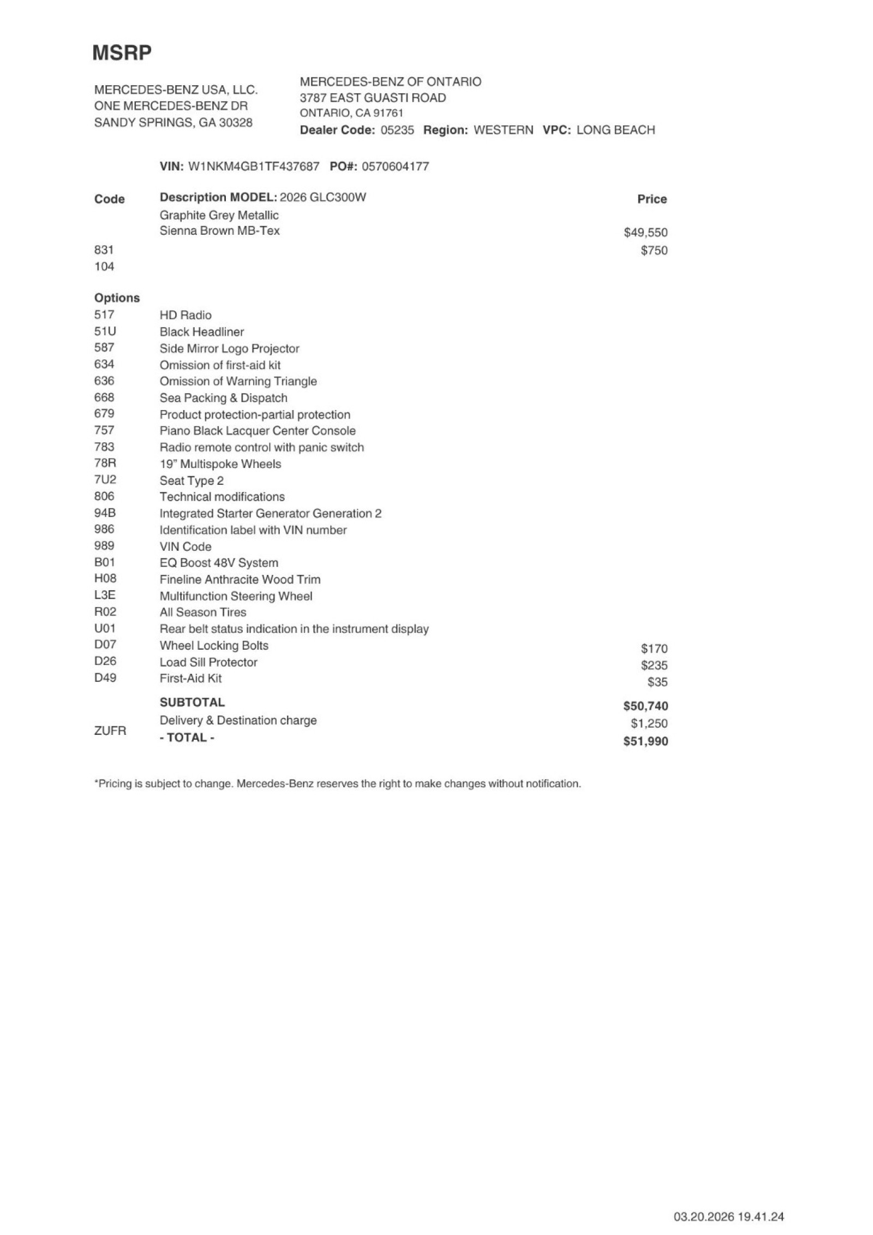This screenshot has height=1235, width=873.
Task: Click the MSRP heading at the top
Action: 122,52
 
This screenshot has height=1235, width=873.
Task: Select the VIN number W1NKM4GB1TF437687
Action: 253,167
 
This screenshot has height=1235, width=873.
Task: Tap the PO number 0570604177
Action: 395,167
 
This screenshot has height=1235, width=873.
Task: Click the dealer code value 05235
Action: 397,130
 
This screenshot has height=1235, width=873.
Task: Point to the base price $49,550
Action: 645,233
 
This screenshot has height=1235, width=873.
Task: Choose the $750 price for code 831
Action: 654,251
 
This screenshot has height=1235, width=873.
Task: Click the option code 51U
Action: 105,331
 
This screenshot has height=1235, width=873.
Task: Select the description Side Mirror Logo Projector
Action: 229,348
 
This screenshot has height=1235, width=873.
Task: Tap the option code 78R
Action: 105,464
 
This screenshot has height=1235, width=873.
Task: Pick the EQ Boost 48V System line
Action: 218,563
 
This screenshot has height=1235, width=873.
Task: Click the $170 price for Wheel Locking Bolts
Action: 654,649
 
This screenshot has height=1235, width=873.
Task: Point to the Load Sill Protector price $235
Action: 654,666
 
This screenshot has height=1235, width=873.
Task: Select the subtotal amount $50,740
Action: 645,706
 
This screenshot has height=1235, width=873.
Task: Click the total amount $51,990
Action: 645,741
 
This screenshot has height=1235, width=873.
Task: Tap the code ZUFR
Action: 110,731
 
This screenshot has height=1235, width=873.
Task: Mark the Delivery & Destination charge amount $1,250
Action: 649,724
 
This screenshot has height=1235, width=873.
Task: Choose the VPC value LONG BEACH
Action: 615,130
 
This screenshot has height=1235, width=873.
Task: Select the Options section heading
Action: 117,298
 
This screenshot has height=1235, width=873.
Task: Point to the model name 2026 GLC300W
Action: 322,198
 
